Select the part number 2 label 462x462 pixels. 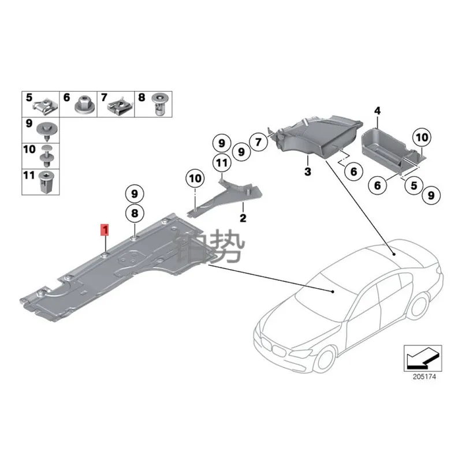243,218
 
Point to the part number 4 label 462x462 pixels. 377,110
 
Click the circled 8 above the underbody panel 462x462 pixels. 134,214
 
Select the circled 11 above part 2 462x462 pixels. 221,163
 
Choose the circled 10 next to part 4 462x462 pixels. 422,137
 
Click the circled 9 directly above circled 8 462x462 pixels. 134,193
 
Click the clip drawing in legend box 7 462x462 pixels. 121,105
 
